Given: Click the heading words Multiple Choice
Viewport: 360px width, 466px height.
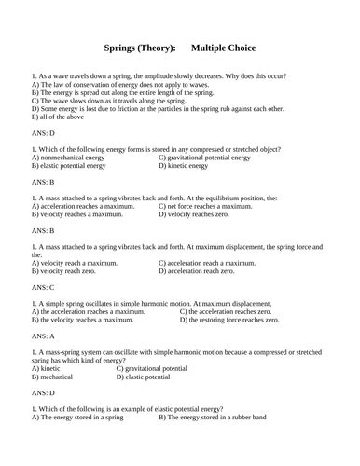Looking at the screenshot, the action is click(224, 48).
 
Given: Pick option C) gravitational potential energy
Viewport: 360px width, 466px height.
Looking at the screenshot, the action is click(217, 158).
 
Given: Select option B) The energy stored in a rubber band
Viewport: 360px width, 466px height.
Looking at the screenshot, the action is click(220, 416).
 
